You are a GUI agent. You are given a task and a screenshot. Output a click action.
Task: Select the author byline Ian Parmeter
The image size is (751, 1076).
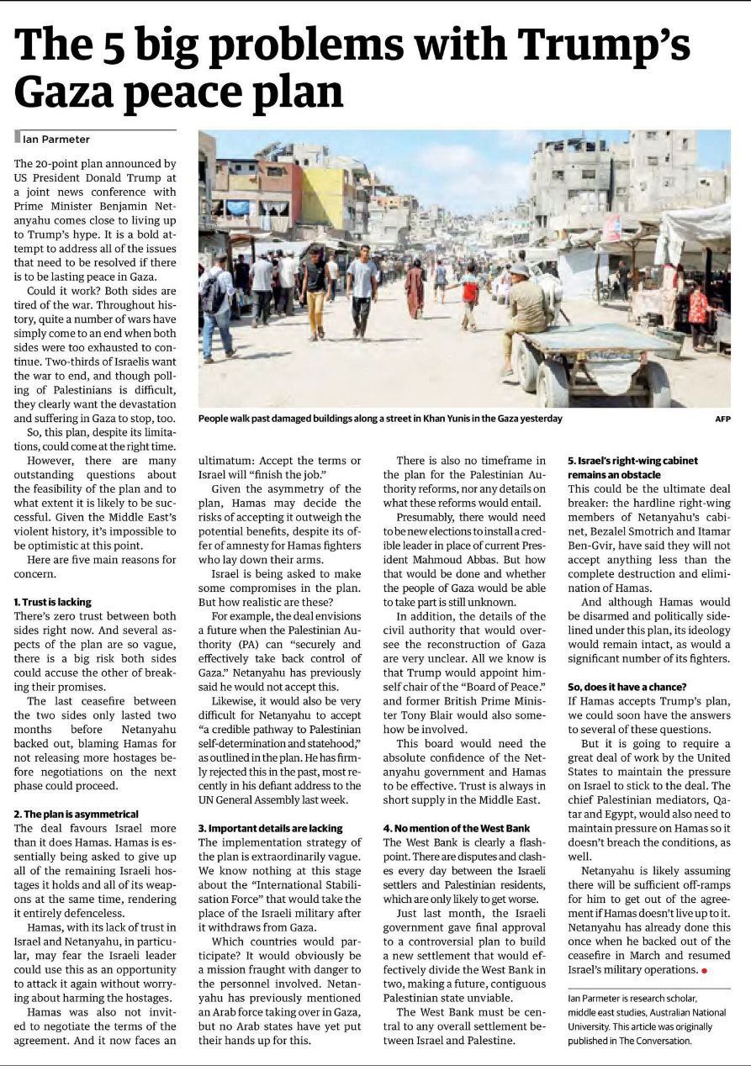[56, 139]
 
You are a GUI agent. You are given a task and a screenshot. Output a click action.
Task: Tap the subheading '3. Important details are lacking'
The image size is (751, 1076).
[270, 828]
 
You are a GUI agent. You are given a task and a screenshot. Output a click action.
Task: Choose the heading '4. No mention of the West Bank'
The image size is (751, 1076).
[457, 828]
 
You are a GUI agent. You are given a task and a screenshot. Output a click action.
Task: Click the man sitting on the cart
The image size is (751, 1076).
[526, 311]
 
